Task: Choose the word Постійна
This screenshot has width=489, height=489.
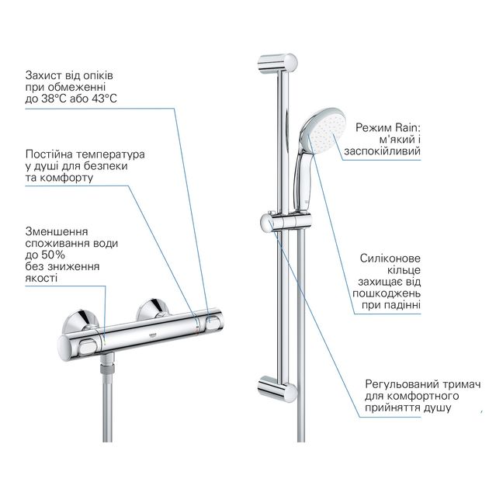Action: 47,154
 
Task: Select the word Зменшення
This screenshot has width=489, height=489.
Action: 56,231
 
